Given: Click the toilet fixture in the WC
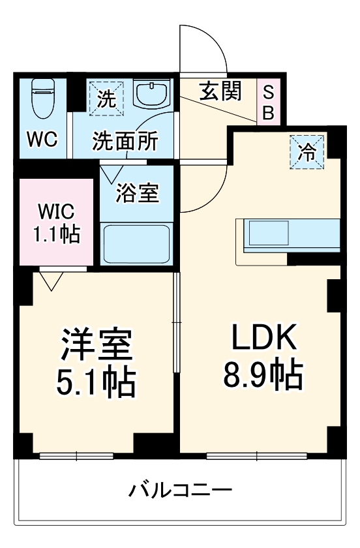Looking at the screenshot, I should (x=42, y=98).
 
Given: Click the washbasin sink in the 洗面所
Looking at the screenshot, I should (x=152, y=95).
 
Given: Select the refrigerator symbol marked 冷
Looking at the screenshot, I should (x=306, y=152).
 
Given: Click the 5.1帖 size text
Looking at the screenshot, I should (x=97, y=384).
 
